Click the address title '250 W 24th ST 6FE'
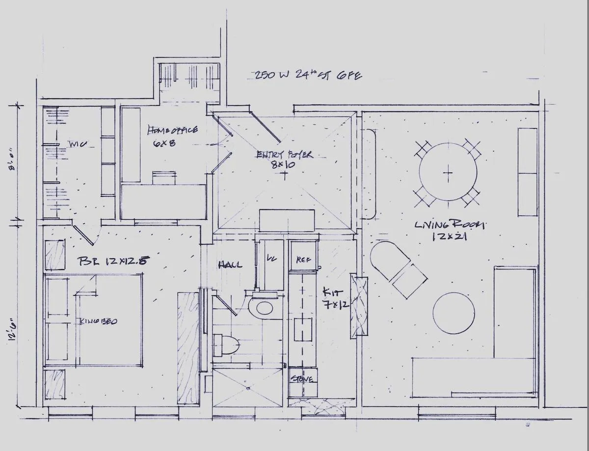(x=308, y=75)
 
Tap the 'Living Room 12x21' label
(x=449, y=231)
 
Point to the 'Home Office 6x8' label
(x=173, y=136)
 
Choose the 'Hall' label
(x=230, y=265)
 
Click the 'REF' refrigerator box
(x=301, y=260)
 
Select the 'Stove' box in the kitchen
(x=302, y=379)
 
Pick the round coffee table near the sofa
(x=454, y=314)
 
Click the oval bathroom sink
(x=263, y=308)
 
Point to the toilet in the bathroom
(x=227, y=345)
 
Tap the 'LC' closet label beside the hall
(x=271, y=257)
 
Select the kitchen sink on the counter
(x=303, y=329)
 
